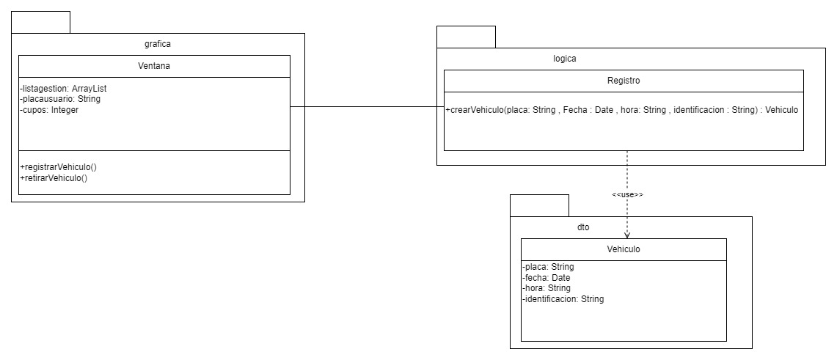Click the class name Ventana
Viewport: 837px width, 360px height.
[x=154, y=66]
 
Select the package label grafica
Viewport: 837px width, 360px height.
[x=158, y=44]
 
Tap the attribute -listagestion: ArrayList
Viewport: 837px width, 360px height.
[x=64, y=89]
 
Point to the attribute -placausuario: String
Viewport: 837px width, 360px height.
[x=60, y=99]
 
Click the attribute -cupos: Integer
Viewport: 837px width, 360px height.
[x=49, y=109]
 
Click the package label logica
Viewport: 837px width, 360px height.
[x=565, y=59]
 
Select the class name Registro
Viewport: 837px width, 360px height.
[x=624, y=81]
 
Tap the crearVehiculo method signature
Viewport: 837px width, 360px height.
[x=621, y=110]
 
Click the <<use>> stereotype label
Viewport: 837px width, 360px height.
[x=627, y=195]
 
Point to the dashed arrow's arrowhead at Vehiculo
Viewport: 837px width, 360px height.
[x=627, y=235]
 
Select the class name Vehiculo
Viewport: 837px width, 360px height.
[x=624, y=249]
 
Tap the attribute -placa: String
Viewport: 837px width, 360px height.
[x=548, y=267]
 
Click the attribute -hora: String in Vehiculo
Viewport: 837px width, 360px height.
[x=547, y=288]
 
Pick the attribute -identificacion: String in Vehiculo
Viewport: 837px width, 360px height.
[x=563, y=298]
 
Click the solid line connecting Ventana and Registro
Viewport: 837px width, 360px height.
[x=367, y=107]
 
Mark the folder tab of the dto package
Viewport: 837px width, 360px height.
[x=539, y=205]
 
